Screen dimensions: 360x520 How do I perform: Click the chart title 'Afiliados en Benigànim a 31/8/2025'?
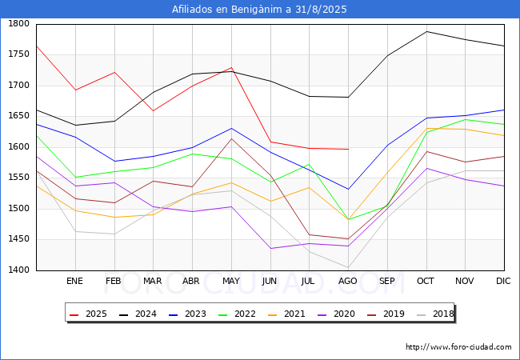(260, 10)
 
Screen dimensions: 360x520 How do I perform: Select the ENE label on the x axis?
(74, 282)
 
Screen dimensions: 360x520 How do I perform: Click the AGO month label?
(348, 282)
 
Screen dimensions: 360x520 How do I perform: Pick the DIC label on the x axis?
(503, 282)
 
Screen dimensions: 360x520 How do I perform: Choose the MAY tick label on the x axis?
(230, 282)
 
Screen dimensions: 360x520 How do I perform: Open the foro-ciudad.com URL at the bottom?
(458, 347)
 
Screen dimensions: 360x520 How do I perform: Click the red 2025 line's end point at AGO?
(348, 149)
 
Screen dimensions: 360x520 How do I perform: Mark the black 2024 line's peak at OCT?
(426, 31)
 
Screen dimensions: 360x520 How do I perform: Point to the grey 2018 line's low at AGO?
(348, 267)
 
